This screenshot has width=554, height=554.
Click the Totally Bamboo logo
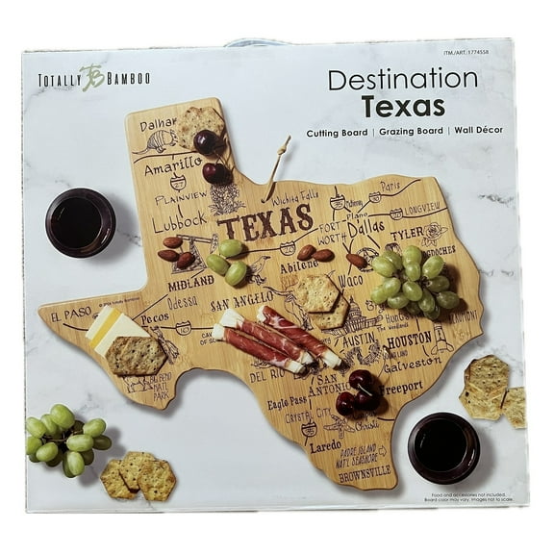[92, 81]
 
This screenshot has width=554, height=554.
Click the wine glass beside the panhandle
[80, 221]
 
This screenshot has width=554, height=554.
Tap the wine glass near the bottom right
[442, 446]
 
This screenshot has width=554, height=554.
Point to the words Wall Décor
[478, 130]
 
